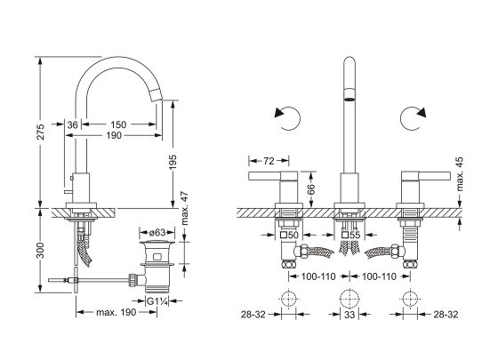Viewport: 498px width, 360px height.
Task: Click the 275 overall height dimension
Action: coord(41,132)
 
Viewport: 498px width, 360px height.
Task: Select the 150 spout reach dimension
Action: coord(118,124)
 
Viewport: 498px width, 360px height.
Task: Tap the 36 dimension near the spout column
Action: coord(72,124)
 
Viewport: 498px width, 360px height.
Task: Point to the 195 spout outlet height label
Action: coord(173,162)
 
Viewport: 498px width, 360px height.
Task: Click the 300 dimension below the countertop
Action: coord(41,250)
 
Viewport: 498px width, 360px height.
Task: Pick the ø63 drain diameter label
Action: coord(157,233)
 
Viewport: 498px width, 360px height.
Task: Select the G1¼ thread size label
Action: coord(157,301)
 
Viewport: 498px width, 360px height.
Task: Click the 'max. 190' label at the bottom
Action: coord(116,312)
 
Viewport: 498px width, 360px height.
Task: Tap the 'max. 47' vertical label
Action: coord(185,208)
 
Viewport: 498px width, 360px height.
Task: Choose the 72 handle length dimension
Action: coord(269,161)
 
